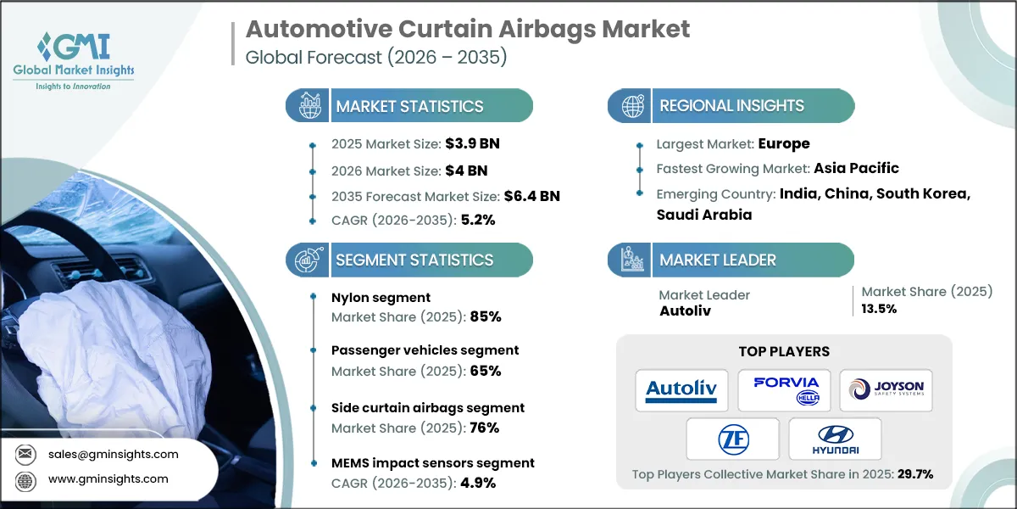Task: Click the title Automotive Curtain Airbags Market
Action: pyautogui.click(x=467, y=30)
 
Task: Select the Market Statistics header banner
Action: pyautogui.click(x=409, y=106)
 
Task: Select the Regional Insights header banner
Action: pyautogui.click(x=731, y=106)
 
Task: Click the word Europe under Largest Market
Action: pyautogui.click(x=784, y=143)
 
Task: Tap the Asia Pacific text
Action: pyautogui.click(x=856, y=168)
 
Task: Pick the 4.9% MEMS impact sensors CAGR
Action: pyautogui.click(x=477, y=483)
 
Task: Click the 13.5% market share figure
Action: pyautogui.click(x=879, y=309)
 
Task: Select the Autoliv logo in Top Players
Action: pyautogui.click(x=681, y=390)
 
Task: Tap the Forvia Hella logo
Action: pyautogui.click(x=784, y=390)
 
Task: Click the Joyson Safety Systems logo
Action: pyautogui.click(x=886, y=390)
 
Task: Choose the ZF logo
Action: pyautogui.click(x=732, y=439)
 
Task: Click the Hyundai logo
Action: pyautogui.click(x=835, y=439)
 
